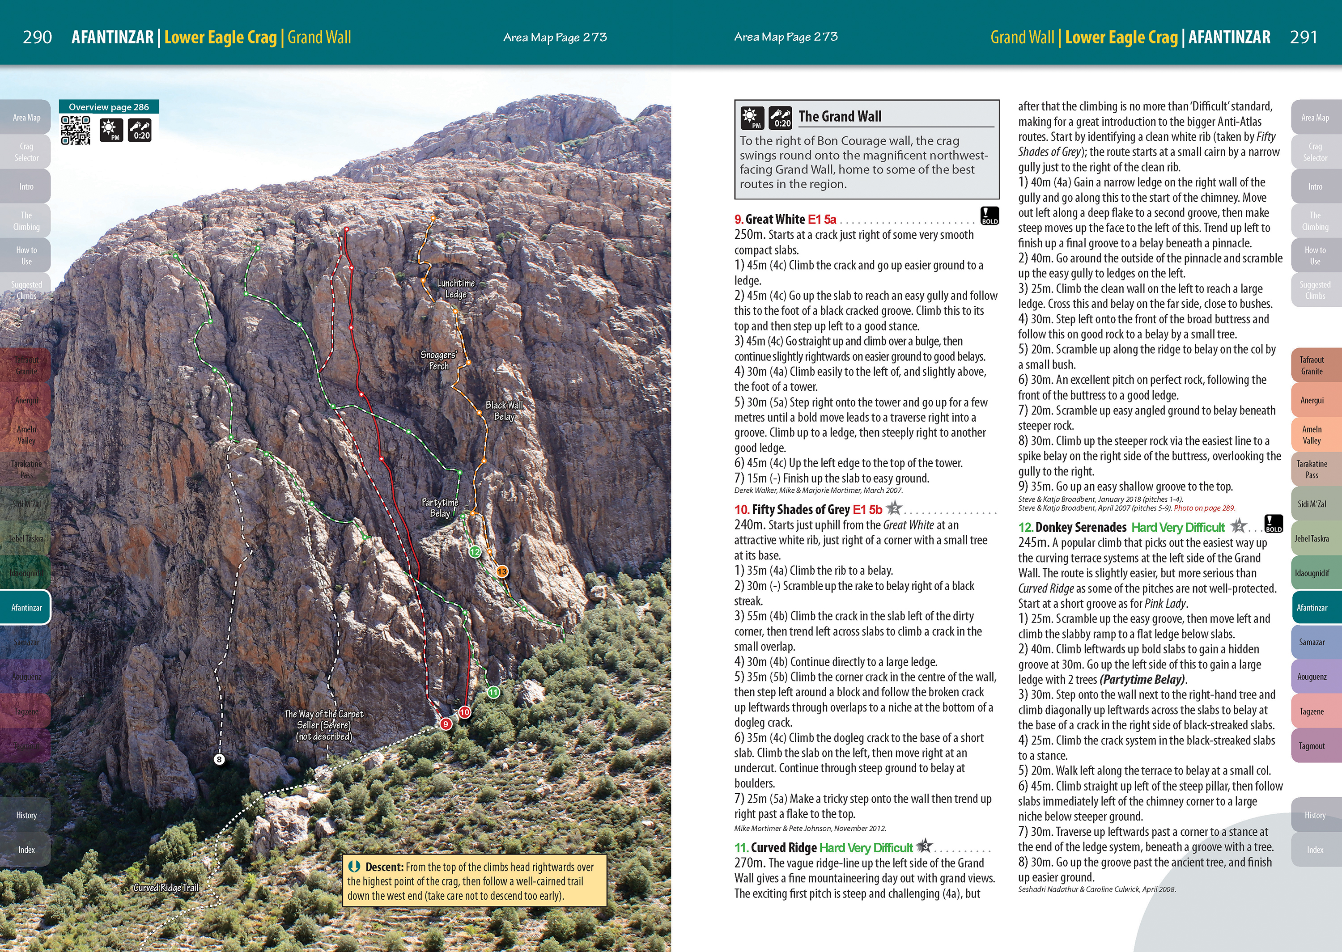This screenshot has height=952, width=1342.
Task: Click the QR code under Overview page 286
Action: point(76,130)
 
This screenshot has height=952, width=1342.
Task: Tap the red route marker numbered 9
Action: point(446,724)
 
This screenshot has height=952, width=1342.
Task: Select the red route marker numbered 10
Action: point(464,712)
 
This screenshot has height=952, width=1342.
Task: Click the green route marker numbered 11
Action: point(494,692)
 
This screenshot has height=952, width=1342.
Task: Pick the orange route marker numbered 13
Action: point(502,571)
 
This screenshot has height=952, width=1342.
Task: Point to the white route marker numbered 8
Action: point(219,760)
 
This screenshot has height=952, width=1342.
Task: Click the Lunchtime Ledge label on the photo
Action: point(455,288)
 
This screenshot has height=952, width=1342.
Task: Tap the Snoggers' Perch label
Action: point(438,360)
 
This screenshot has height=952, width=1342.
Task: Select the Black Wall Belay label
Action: point(504,410)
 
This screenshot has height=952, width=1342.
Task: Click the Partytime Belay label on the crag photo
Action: point(440,508)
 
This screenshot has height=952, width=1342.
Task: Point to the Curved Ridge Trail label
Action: point(166,888)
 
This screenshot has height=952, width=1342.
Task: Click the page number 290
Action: point(37,38)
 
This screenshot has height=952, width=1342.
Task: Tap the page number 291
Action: point(1303,38)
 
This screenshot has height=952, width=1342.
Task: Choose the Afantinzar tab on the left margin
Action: point(26,607)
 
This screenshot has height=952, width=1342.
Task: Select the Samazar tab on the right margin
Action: point(1312,642)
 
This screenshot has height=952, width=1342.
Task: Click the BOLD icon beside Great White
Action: point(990,215)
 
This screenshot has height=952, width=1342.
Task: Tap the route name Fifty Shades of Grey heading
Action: point(800,509)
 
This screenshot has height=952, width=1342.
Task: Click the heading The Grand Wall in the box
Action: point(840,117)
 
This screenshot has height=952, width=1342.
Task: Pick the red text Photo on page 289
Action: point(1204,508)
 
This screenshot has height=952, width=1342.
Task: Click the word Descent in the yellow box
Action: point(384,867)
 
